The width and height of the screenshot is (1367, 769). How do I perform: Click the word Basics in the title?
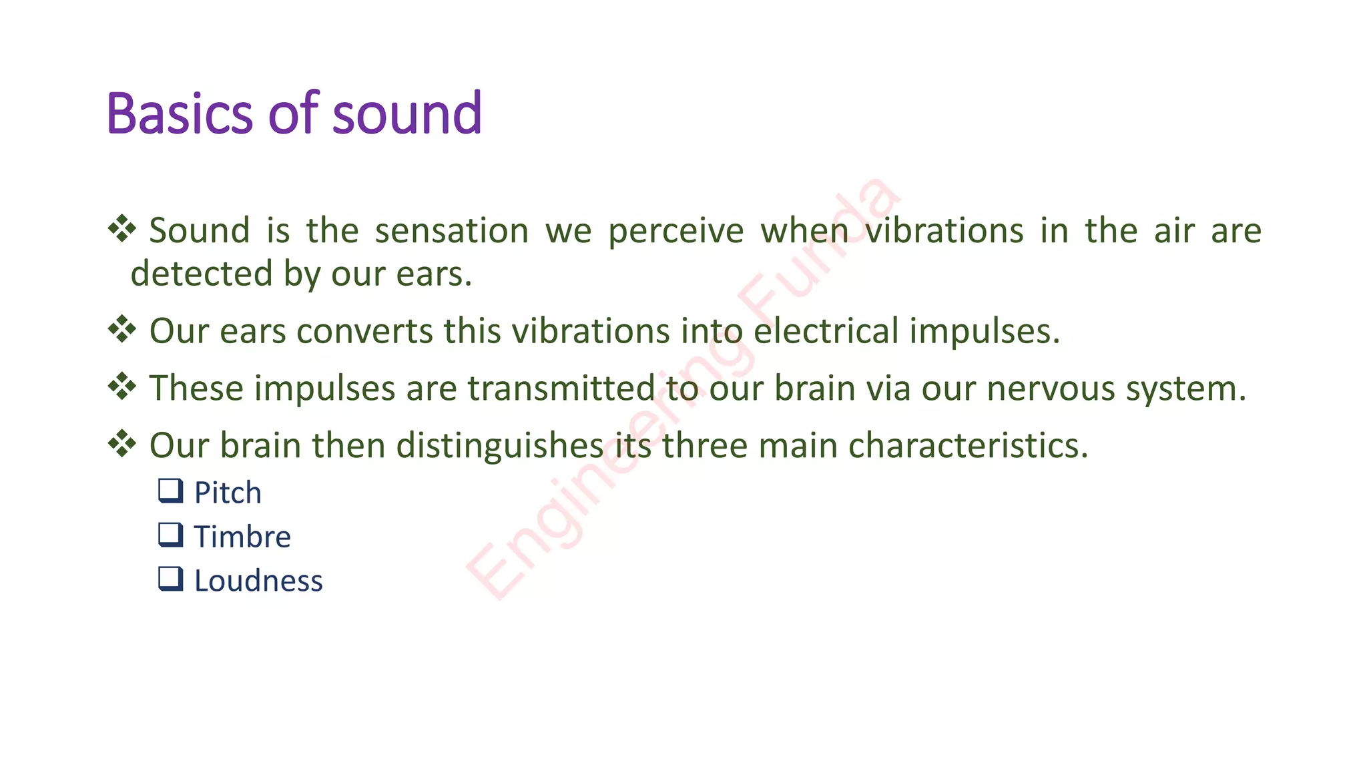pyautogui.click(x=179, y=113)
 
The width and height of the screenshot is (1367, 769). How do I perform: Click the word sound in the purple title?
pyautogui.click(x=406, y=113)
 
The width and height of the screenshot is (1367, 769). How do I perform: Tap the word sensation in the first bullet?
pyautogui.click(x=451, y=231)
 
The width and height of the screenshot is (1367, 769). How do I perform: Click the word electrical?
pyautogui.click(x=826, y=331)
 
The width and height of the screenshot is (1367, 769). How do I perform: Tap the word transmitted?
pyautogui.click(x=561, y=389)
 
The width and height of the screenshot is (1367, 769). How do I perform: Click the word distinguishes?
pyautogui.click(x=500, y=446)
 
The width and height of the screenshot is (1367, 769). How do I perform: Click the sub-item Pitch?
pyautogui.click(x=228, y=493)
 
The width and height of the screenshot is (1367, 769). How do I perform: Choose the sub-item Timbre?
pyautogui.click(x=242, y=537)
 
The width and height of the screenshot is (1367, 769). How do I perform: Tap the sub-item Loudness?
pyautogui.click(x=258, y=581)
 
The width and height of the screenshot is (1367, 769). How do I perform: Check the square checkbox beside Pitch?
pyautogui.click(x=170, y=491)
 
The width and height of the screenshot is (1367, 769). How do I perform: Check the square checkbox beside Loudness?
pyautogui.click(x=170, y=579)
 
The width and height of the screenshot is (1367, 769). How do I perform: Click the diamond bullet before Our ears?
pyautogui.click(x=122, y=329)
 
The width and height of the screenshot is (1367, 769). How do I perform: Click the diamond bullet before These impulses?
pyautogui.click(x=122, y=387)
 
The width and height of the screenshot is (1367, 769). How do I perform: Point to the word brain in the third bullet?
pyautogui.click(x=814, y=389)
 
